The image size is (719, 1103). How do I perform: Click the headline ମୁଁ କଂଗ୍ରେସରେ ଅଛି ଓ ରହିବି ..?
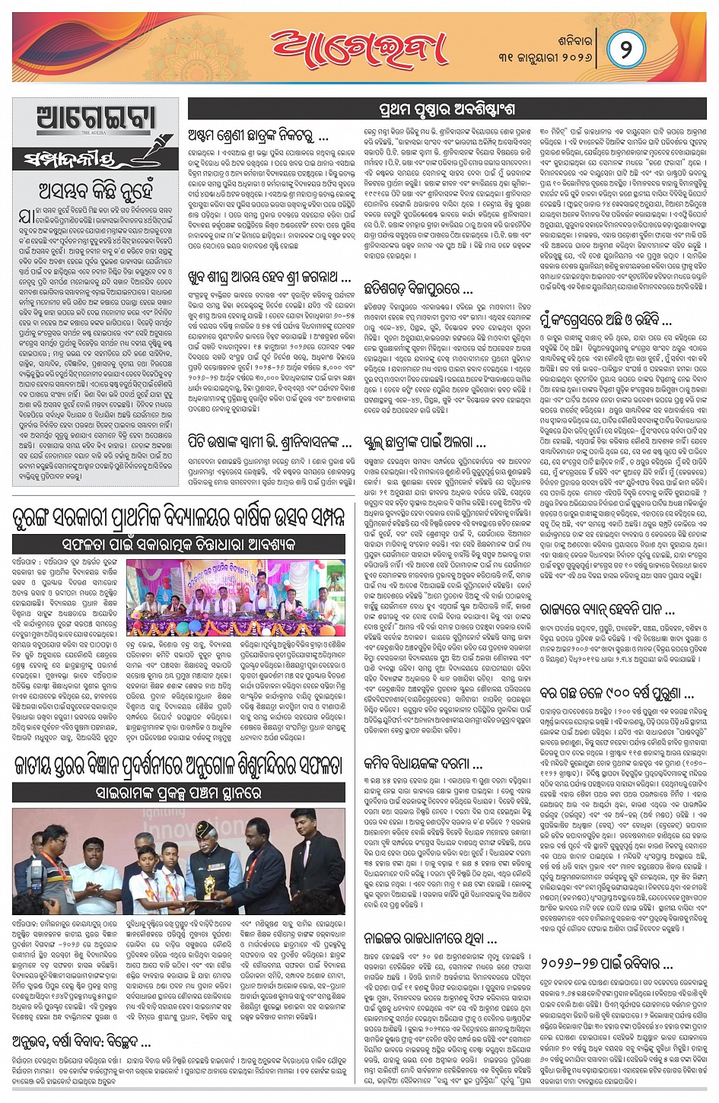coord(606,319)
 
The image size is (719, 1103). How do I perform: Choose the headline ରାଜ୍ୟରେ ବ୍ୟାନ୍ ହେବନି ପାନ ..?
coord(607,609)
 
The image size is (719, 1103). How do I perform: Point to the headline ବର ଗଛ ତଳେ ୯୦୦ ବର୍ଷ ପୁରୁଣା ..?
coord(616,693)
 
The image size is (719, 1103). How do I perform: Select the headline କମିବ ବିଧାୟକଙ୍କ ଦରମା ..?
coord(423,763)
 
